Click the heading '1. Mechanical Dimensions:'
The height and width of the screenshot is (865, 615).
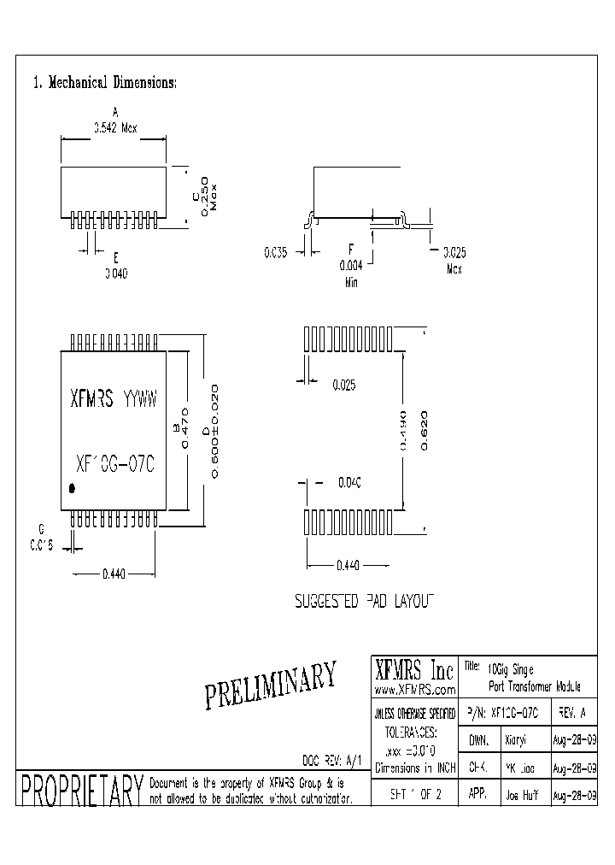point(104,83)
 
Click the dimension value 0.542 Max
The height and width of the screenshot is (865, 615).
point(115,128)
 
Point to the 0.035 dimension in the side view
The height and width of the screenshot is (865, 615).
point(276,251)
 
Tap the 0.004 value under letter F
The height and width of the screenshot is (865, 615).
point(351,265)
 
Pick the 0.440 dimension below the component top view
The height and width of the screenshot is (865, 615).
point(113,575)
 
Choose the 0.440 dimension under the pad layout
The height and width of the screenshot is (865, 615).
point(349,565)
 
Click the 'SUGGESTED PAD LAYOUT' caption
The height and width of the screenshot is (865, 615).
point(365,601)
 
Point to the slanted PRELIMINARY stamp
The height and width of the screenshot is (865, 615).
point(271,685)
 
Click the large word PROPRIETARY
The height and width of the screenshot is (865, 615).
point(79,791)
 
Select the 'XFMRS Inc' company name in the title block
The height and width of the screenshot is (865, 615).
point(415,668)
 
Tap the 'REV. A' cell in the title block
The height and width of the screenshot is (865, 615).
point(571,712)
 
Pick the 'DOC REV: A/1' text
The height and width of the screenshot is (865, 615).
point(333,759)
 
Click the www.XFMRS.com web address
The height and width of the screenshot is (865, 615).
point(415,689)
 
